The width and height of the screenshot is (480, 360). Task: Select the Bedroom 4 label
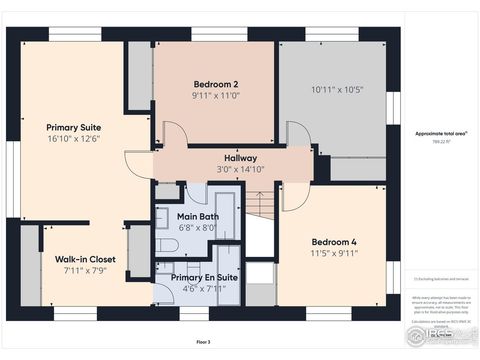333,242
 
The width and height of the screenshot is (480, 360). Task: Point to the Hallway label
240,158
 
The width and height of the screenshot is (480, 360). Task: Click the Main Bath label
197,216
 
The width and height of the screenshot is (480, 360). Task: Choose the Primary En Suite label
204,277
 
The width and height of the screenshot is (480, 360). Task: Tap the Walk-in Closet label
85,259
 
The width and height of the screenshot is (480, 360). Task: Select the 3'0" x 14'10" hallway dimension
240,170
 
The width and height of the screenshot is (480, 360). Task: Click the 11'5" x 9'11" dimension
333,254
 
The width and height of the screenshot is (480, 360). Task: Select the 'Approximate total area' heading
436,132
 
